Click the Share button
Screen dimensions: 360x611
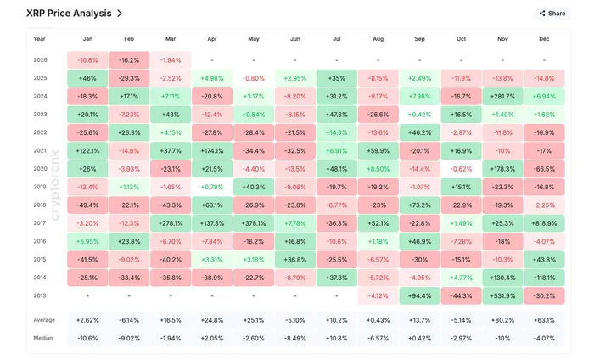pyautogui.click(x=552, y=14)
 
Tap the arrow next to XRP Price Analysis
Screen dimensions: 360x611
pyautogui.click(x=120, y=14)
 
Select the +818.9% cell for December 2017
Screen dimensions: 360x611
pyautogui.click(x=544, y=223)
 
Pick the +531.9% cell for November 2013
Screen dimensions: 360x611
pyautogui.click(x=502, y=296)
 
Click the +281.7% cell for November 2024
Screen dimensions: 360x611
pyautogui.click(x=502, y=97)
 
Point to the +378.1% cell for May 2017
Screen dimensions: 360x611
pyautogui.click(x=254, y=223)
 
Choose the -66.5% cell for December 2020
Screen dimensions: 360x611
pyautogui.click(x=544, y=169)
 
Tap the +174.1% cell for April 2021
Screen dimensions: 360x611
pyautogui.click(x=212, y=151)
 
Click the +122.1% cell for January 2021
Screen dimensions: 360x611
pyautogui.click(x=87, y=151)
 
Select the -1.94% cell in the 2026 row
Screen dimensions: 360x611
pyautogui.click(x=171, y=60)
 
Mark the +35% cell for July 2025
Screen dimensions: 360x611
pyautogui.click(x=337, y=78)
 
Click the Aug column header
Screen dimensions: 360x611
pyautogui.click(x=378, y=39)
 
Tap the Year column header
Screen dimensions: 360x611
pyautogui.click(x=40, y=39)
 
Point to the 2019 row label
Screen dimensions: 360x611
pyautogui.click(x=40, y=187)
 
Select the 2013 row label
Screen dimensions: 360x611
pyautogui.click(x=40, y=296)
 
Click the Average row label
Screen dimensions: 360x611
pyautogui.click(x=44, y=320)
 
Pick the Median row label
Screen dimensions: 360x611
pyautogui.click(x=43, y=338)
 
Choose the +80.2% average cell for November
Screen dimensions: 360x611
pyautogui.click(x=502, y=320)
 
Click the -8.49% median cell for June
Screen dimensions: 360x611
pyautogui.click(x=295, y=338)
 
